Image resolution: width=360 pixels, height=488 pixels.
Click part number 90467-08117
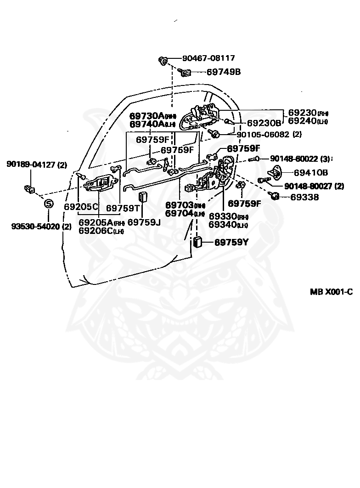click(x=208, y=58)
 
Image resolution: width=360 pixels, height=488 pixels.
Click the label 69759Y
click(x=231, y=242)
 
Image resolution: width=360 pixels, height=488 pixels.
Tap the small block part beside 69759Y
click(x=198, y=242)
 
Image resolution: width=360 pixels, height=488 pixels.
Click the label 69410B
click(x=311, y=173)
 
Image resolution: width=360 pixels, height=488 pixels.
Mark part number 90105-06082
click(x=264, y=134)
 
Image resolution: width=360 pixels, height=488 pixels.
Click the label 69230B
click(x=264, y=123)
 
